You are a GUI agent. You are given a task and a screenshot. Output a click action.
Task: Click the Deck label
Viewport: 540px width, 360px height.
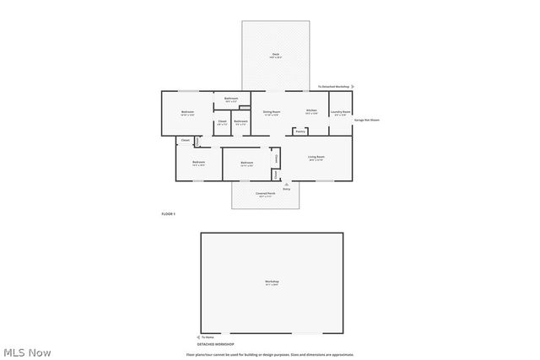(275, 55)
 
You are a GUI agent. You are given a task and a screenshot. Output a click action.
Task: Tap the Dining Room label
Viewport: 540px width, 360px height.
(271, 111)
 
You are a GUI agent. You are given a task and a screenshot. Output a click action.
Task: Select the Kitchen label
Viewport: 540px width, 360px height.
(311, 110)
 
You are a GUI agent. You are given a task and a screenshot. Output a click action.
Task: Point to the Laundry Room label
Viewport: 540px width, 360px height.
(340, 111)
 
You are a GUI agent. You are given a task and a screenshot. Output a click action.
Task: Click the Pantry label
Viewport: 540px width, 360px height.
(300, 132)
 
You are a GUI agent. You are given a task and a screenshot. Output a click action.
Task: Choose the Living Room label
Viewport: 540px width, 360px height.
(316, 157)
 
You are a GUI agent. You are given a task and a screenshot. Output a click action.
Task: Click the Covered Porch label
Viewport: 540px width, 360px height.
(266, 193)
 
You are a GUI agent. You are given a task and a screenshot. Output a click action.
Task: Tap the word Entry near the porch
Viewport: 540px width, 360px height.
(286, 188)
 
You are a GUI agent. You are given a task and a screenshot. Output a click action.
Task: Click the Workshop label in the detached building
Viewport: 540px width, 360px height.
(272, 282)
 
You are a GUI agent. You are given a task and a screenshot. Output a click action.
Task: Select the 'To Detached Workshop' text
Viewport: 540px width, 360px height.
(333, 87)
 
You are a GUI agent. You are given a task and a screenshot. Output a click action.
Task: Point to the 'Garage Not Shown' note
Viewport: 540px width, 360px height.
(367, 120)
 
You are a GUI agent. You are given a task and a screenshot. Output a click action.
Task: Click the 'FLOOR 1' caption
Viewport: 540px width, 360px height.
(168, 214)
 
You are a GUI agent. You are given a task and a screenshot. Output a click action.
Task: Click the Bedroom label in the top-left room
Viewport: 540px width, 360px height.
(187, 112)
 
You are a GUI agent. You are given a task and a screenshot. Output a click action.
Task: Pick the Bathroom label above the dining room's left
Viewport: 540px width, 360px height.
(231, 99)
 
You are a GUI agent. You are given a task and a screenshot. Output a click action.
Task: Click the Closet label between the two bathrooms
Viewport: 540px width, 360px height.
(222, 122)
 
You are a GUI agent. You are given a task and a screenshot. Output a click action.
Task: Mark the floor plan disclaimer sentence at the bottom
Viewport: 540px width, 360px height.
(270, 354)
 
